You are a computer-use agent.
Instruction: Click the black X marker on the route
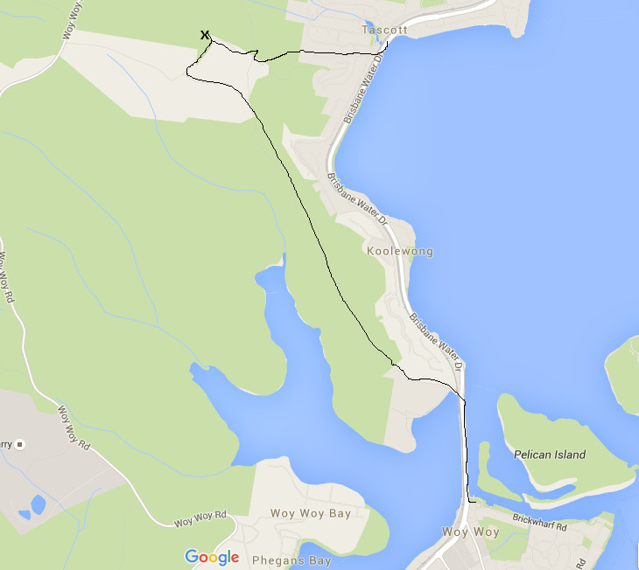[x=205, y=35]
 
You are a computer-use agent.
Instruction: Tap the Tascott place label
[x=384, y=30]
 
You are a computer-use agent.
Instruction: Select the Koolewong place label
[x=400, y=252]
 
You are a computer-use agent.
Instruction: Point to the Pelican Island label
[x=550, y=455]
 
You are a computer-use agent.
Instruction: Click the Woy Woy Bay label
[x=310, y=513]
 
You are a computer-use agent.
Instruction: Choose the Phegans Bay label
[x=291, y=560]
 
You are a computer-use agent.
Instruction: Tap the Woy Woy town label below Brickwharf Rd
[x=470, y=532]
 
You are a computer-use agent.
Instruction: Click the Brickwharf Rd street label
[x=541, y=524]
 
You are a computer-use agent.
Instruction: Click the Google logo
[x=212, y=557]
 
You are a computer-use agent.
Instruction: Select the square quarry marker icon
[x=20, y=444]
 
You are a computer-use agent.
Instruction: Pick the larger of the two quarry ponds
[x=38, y=504]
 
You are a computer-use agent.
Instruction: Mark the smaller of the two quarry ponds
[x=24, y=514]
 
